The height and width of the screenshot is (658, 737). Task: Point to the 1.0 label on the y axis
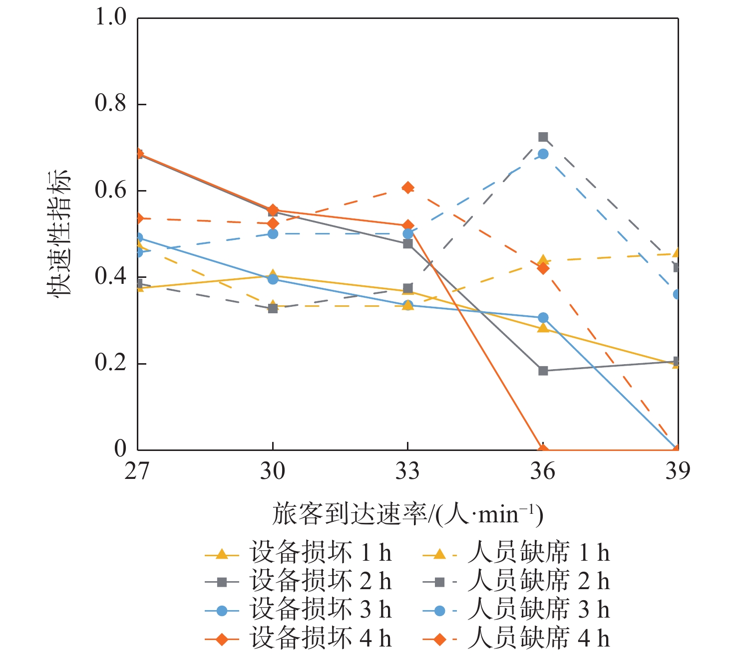(x=110, y=17)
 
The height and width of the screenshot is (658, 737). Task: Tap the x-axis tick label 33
(x=407, y=470)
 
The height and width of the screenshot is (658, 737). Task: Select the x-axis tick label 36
(x=543, y=470)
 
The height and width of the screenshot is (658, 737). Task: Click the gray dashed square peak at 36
(x=543, y=137)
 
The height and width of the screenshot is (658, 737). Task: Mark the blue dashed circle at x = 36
(x=543, y=154)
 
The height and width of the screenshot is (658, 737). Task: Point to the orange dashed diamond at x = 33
(x=408, y=188)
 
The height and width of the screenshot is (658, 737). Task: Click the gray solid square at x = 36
(x=543, y=371)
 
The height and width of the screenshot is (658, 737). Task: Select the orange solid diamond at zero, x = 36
(x=543, y=449)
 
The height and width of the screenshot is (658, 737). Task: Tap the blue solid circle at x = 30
(x=273, y=279)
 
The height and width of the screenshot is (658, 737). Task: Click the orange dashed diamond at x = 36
(x=543, y=268)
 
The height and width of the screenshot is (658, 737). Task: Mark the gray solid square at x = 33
(x=408, y=243)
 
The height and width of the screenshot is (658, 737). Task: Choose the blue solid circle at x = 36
(x=543, y=318)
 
